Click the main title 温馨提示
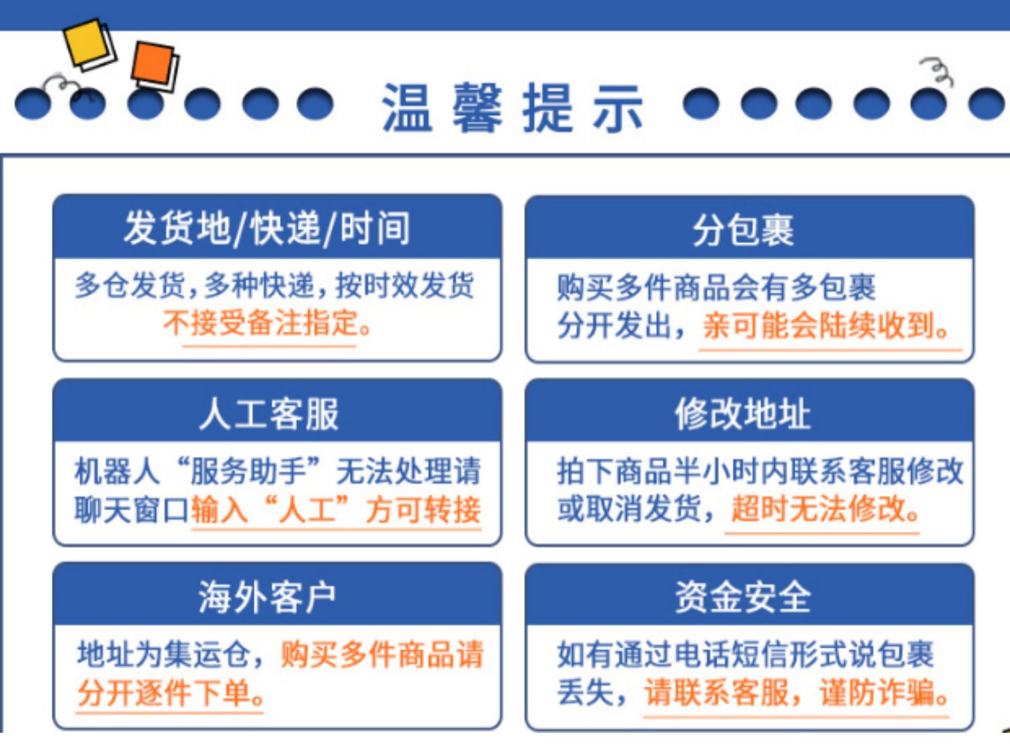tap(512, 108)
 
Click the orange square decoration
tap(154, 63)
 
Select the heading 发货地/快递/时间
tap(267, 229)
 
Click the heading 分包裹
tap(743, 229)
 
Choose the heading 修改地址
tap(743, 415)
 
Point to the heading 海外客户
tap(267, 598)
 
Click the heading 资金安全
tap(743, 598)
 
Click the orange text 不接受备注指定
tap(261, 323)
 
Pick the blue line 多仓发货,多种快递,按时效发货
tap(274, 285)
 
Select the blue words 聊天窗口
tap(132, 509)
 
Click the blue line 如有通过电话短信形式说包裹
tap(745, 654)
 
